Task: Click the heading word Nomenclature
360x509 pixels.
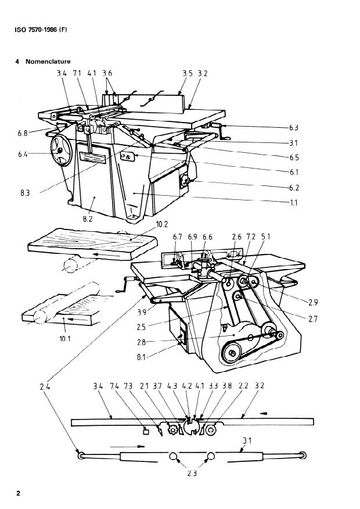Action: [48, 62]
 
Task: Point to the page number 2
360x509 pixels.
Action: [18, 493]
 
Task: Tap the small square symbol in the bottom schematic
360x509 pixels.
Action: [147, 431]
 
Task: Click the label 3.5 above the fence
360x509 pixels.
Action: [188, 74]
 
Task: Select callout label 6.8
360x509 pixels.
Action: [23, 134]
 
